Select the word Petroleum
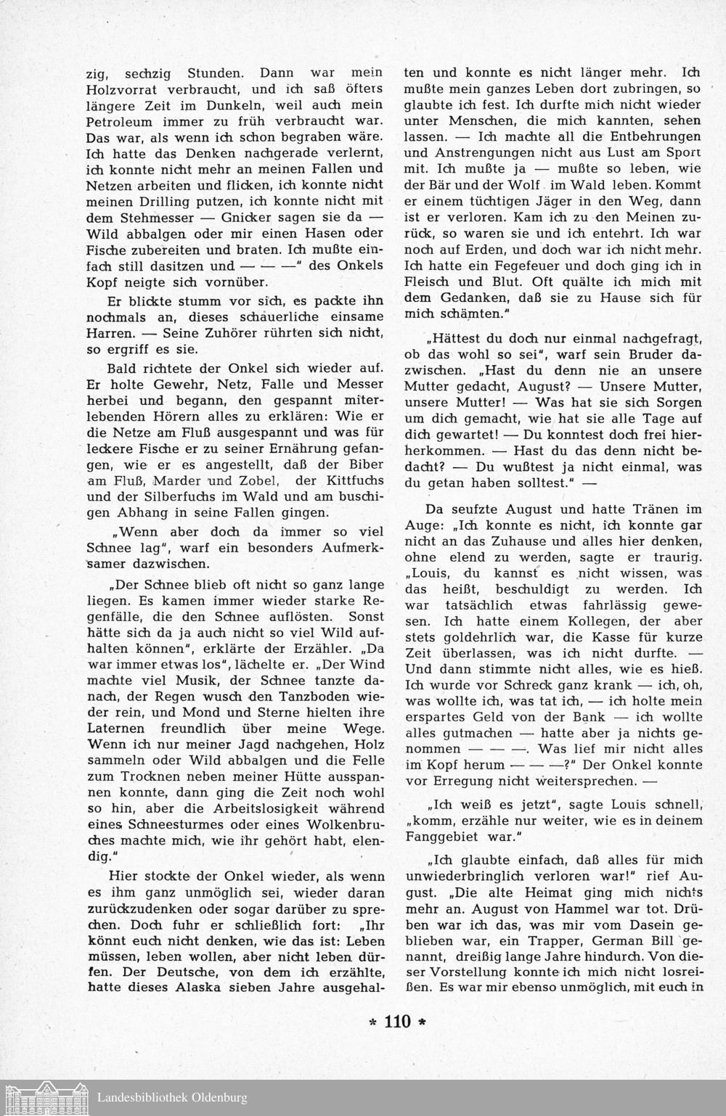coord(120,120)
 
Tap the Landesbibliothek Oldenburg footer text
coord(172,1098)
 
